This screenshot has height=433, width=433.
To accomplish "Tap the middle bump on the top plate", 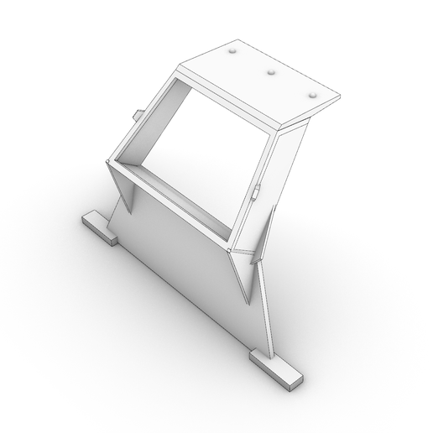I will pyautogui.click(x=271, y=73).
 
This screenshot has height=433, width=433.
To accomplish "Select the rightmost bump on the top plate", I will pyautogui.click(x=314, y=96).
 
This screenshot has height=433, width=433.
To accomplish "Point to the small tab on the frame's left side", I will pyautogui.click(x=137, y=113).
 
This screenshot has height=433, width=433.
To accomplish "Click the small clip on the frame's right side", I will pyautogui.click(x=258, y=192).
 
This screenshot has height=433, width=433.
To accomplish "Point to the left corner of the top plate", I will pyautogui.click(x=181, y=66).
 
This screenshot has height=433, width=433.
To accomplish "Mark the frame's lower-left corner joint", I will pyautogui.click(x=110, y=161).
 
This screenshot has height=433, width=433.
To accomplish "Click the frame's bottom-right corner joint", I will pyautogui.click(x=231, y=250).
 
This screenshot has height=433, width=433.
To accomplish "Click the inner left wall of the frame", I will pyautogui.click(x=143, y=126).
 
